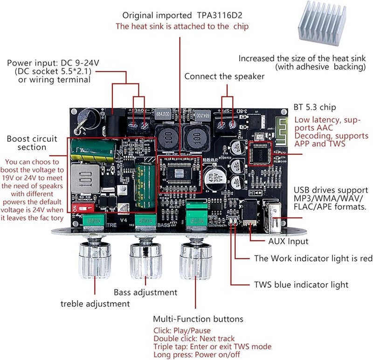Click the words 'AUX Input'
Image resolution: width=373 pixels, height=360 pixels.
pyautogui.click(x=288, y=242)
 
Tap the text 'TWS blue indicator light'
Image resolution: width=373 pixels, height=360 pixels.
pyautogui.click(x=301, y=284)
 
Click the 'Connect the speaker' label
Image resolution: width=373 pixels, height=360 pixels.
pyautogui.click(x=224, y=76)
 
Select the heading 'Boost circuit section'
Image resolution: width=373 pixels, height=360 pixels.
pyautogui.click(x=32, y=143)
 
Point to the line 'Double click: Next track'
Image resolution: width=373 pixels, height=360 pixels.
pyautogui.click(x=194, y=339)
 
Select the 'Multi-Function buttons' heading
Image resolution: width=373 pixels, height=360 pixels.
pyautogui.click(x=198, y=319)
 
